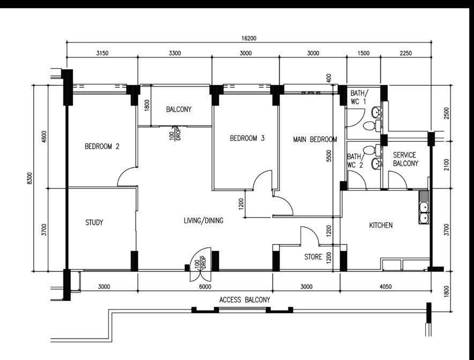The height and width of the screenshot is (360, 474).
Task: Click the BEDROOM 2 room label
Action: (x=102, y=146)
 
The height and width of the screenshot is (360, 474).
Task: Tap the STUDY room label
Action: (x=94, y=222)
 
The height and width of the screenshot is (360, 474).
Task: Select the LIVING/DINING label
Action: (x=203, y=221)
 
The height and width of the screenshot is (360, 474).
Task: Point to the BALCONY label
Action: (x=179, y=109)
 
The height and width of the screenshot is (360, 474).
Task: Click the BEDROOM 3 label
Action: (x=247, y=138)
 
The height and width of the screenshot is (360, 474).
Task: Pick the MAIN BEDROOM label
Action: (x=315, y=139)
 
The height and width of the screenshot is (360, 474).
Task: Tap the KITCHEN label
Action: (x=381, y=226)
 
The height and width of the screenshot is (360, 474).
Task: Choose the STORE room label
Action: (x=313, y=257)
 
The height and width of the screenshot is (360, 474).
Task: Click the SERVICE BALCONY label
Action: (x=405, y=160)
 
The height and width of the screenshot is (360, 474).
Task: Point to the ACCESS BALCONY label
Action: (x=245, y=300)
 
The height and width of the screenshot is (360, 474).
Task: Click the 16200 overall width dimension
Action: (x=249, y=39)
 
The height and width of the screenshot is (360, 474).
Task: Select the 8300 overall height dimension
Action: (x=29, y=178)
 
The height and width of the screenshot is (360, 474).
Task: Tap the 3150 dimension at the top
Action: (x=102, y=54)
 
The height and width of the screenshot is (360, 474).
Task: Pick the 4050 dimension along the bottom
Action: (x=386, y=286)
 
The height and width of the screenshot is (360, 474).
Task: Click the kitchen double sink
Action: (x=424, y=207)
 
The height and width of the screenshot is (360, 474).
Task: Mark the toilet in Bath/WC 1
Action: (x=371, y=125)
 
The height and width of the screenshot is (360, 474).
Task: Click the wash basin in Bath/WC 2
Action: (x=376, y=163)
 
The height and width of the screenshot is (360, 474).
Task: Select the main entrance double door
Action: (x=201, y=265)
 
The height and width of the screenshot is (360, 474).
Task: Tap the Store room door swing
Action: (x=309, y=236)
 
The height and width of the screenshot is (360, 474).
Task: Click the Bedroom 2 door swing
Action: (x=127, y=177)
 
